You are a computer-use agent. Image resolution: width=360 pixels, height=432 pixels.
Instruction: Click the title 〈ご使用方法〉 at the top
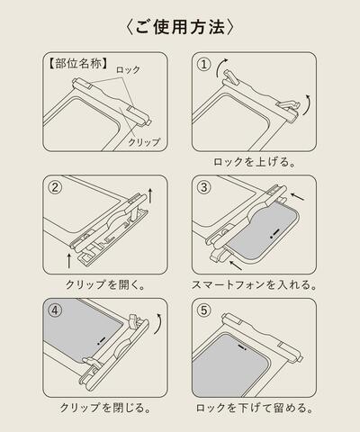180,26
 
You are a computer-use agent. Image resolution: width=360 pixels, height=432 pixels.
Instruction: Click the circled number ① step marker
206,66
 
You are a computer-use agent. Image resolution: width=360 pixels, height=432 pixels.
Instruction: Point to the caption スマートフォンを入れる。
255,285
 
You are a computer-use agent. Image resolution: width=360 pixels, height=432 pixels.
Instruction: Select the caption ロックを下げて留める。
255,408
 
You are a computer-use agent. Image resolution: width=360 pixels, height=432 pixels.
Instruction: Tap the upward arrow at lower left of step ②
68,261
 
